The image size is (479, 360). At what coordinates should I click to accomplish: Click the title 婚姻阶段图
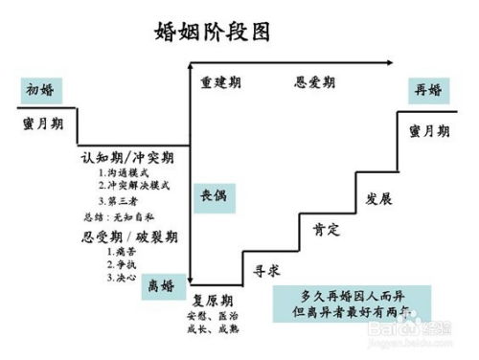[212, 32]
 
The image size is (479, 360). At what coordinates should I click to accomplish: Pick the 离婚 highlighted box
[161, 286]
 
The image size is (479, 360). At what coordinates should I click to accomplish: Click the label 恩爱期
[314, 81]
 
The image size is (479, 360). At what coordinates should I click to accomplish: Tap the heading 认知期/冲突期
[133, 156]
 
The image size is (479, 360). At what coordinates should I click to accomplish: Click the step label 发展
[379, 198]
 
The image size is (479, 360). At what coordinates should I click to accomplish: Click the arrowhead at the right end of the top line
[388, 64]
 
